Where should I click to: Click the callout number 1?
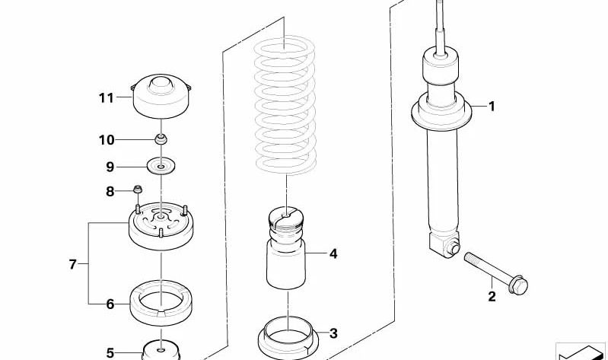click(492, 107)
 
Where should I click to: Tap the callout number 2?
click(492, 297)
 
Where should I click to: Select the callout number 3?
click(333, 333)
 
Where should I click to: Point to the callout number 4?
click(333, 254)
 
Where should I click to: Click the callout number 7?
click(73, 265)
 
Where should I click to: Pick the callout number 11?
click(107, 97)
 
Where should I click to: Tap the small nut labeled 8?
click(138, 190)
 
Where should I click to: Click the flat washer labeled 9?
click(161, 166)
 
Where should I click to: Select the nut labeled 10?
click(161, 139)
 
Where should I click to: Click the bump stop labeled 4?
click(286, 248)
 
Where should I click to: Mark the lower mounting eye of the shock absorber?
click(453, 248)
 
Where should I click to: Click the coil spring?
click(285, 105)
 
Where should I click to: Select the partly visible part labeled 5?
click(161, 351)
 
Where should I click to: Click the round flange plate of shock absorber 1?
click(441, 113)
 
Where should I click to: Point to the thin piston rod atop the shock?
click(440, 27)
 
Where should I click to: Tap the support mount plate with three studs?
click(161, 227)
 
